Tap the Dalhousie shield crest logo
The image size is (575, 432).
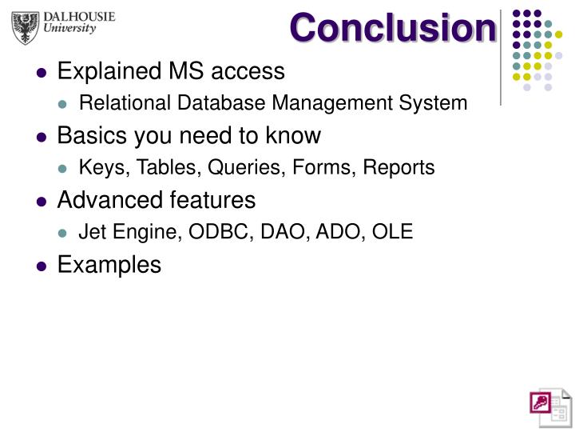(x=26, y=27)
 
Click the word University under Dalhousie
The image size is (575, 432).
(x=69, y=29)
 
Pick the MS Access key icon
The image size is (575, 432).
(x=547, y=406)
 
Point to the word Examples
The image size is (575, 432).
(x=109, y=264)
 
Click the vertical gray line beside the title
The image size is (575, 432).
(x=500, y=56)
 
